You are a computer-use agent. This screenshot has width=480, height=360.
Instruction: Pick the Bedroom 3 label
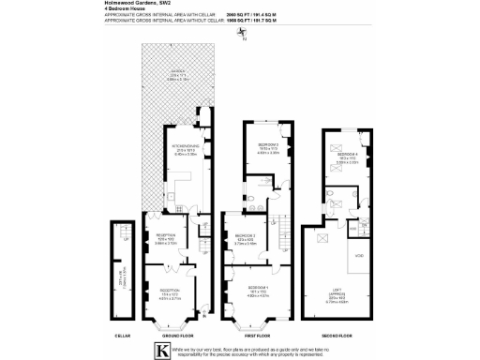coord(246,237)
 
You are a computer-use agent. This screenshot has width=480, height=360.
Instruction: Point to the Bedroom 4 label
coord(346,157)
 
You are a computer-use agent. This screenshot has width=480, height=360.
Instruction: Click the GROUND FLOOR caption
coord(172,333)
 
